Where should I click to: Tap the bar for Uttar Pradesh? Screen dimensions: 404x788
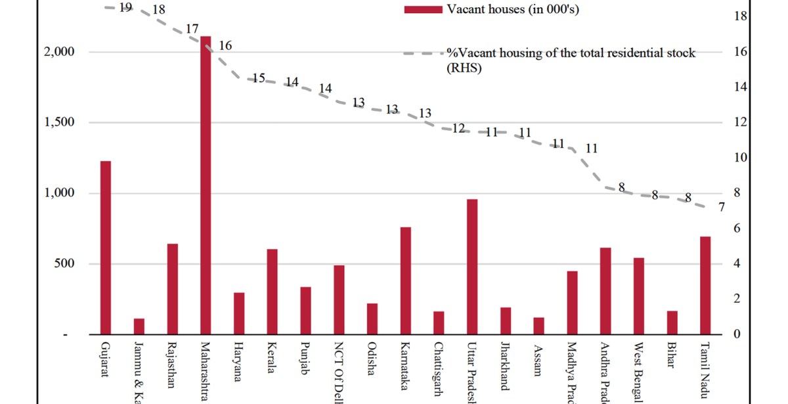coord(471,266)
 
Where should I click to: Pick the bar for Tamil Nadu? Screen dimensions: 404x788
coord(705,285)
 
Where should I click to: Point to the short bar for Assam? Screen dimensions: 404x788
coord(538,326)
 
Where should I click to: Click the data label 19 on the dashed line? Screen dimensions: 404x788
coord(126,7)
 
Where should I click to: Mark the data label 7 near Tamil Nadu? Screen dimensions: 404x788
coord(721,207)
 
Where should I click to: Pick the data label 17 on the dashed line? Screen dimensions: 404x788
coord(192,30)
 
